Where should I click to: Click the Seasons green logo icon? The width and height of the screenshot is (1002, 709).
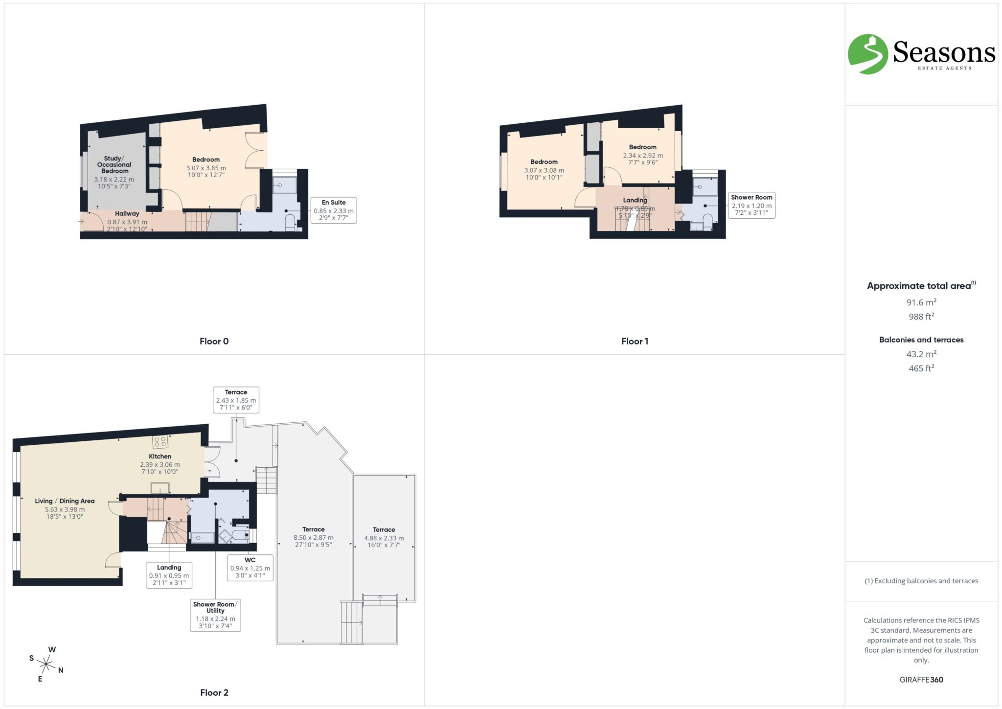tap(867, 54)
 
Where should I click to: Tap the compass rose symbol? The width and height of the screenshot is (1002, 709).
tap(46, 664)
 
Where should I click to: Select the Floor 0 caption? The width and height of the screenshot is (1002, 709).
tap(214, 342)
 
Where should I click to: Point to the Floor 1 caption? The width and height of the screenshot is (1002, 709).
tap(635, 342)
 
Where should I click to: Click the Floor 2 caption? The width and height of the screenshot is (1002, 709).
tap(214, 692)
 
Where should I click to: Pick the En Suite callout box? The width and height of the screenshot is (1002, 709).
tap(334, 210)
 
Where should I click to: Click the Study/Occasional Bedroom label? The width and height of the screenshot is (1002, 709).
tap(114, 165)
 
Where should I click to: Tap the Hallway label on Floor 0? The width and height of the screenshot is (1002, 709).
tap(127, 214)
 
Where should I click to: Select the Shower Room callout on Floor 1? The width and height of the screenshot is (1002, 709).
tap(751, 205)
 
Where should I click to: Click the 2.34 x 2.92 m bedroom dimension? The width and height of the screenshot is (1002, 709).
tap(642, 156)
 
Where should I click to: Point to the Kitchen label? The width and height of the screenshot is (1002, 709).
tap(160, 457)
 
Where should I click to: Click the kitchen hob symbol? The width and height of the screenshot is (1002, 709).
tap(160, 442)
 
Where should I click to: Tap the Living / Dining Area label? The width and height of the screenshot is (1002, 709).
tap(65, 501)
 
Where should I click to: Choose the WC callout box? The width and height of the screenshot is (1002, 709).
tap(250, 568)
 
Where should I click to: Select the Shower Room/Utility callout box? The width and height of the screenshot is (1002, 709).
tap(215, 615)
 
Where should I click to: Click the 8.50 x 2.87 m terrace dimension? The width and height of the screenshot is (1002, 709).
tap(313, 538)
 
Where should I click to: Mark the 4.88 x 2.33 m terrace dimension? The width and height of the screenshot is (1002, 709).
tap(384, 538)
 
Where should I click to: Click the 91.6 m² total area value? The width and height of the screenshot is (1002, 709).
tap(921, 302)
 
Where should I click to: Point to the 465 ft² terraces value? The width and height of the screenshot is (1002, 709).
tap(921, 368)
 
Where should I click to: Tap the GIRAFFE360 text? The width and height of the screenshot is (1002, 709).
tap(921, 680)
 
